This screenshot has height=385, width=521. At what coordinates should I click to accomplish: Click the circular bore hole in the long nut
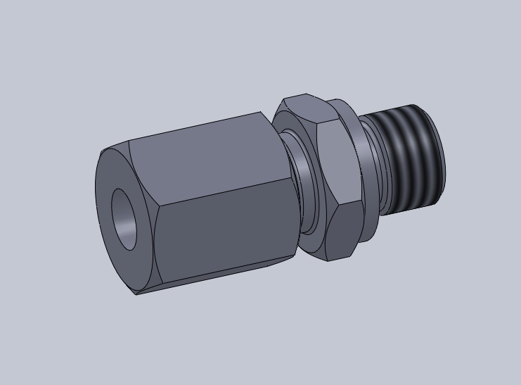click(x=124, y=219)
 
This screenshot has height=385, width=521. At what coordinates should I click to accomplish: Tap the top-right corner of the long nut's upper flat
click(x=262, y=113)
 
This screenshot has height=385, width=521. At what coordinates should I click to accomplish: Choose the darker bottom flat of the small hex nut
click(x=340, y=232)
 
